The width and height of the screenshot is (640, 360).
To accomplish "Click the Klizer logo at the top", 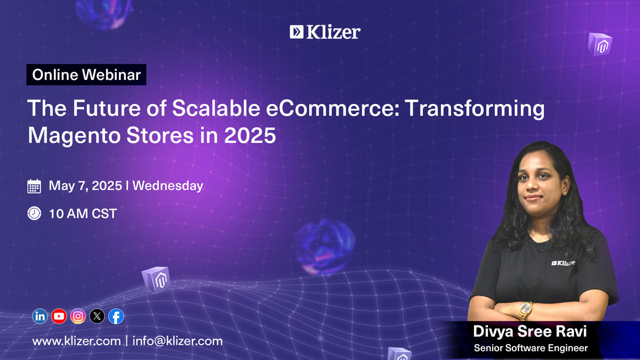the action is click(325, 31).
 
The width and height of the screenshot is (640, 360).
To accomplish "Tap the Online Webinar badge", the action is click(86, 74).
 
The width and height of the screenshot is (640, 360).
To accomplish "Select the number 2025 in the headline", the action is click(250, 135).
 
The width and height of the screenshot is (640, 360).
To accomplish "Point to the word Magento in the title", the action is click(74, 136).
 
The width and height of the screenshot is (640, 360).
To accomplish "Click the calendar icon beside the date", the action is click(34, 186).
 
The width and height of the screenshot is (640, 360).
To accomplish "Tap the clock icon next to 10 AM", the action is click(34, 213).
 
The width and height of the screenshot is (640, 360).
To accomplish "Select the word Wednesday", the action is click(167, 185).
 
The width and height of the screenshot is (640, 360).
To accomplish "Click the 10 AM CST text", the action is click(83, 213).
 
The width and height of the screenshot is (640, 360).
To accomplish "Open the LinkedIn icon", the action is click(39, 316).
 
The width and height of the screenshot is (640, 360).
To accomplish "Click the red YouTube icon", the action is click(59, 316).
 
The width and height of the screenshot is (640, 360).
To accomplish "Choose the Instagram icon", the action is click(78, 316).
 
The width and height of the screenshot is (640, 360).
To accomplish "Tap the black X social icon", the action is click(97, 316).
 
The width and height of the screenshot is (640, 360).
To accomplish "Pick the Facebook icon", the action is click(116, 316).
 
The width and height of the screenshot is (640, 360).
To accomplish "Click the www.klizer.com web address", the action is click(76, 341).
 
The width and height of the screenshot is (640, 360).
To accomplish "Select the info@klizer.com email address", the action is click(177, 341).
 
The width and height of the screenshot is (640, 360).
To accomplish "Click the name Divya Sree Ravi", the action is click(530, 331).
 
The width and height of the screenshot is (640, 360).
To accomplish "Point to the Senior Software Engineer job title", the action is click(531, 348).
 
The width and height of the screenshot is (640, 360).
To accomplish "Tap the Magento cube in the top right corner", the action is click(600, 44).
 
